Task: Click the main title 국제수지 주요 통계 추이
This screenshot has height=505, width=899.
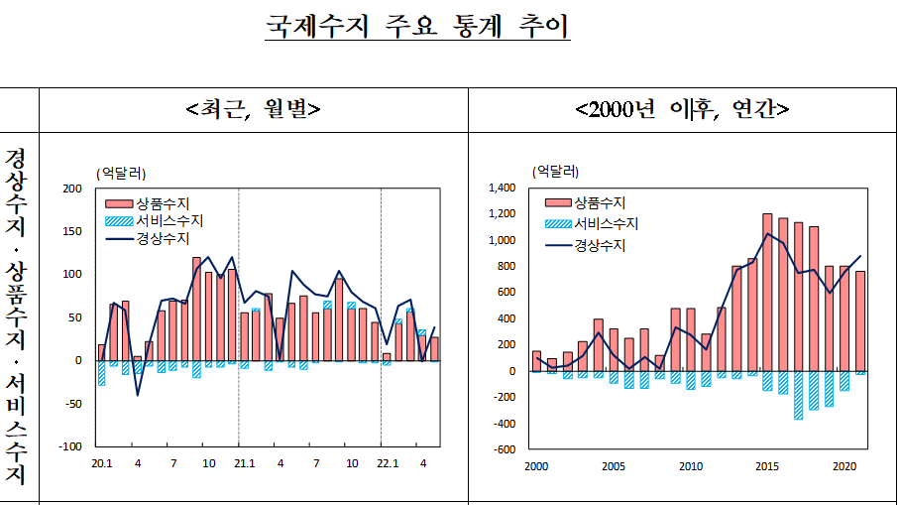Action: [x=417, y=26]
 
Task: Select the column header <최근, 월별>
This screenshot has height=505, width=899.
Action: [x=254, y=108]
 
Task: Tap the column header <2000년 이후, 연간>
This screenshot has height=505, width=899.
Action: [x=682, y=108]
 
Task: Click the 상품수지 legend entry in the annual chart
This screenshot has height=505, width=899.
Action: [x=596, y=202]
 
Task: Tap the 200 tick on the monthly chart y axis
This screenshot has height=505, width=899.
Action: [x=71, y=189]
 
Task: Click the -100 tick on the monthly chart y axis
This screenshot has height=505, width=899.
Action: [x=69, y=446]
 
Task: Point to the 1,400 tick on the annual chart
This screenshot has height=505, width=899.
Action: [x=503, y=188]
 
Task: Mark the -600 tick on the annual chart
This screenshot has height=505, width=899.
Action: [x=506, y=449]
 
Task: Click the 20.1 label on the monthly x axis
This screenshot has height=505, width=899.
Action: [x=101, y=464]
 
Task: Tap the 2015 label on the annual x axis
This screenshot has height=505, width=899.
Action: [x=767, y=466]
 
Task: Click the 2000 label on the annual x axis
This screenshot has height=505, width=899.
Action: [x=536, y=466]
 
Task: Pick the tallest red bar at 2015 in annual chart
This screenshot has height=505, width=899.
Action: [x=767, y=292]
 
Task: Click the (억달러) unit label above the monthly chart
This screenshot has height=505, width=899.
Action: [x=120, y=173]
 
